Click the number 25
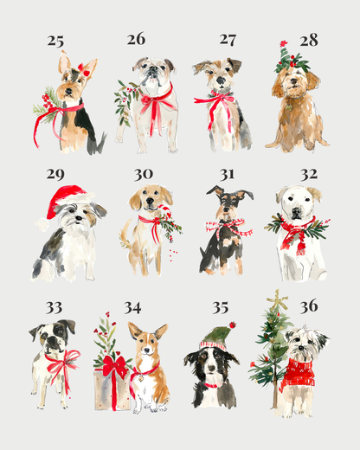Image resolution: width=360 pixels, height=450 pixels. [55, 41]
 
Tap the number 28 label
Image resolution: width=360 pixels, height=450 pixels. [309, 40]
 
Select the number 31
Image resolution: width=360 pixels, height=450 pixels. [227, 174]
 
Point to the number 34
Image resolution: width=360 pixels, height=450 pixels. [132, 307]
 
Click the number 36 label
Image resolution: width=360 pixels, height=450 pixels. [309, 306]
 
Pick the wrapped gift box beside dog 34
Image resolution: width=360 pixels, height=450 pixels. [112, 381]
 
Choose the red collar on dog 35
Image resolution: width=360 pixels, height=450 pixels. [210, 384]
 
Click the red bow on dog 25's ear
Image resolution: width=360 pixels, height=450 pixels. [83, 67]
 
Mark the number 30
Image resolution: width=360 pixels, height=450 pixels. [143, 174]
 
